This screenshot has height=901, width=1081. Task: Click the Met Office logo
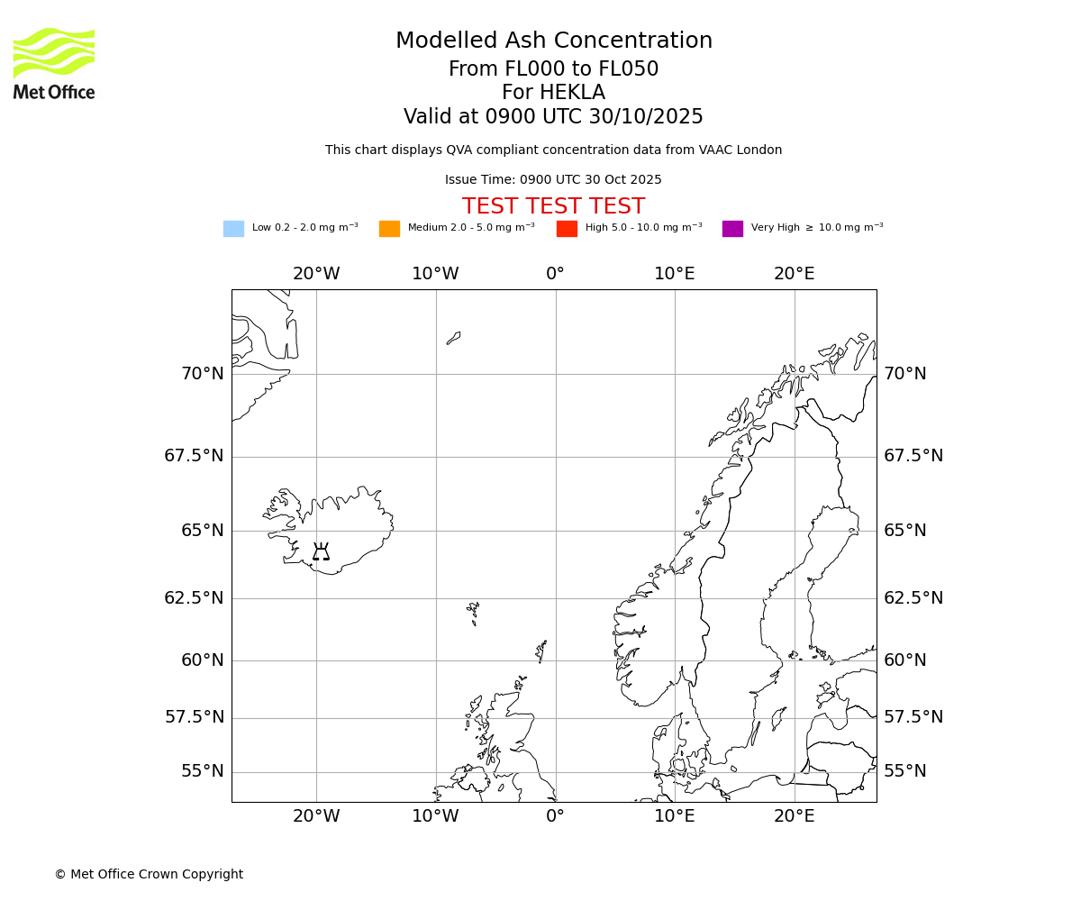54,63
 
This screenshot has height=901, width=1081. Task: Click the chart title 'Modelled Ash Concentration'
553,41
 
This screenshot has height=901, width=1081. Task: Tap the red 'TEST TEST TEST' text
553,206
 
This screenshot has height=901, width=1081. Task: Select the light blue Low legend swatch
233,229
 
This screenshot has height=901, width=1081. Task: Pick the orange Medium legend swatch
389,229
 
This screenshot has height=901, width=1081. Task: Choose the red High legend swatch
567,229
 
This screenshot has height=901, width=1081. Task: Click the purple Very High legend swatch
732,229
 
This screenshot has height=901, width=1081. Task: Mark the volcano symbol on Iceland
321,551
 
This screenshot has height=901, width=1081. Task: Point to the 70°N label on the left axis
202,374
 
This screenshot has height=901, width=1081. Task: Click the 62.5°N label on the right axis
913,598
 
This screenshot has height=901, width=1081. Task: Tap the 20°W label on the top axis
316,274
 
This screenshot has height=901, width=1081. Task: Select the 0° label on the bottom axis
555,816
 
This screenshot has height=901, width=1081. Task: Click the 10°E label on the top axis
674,274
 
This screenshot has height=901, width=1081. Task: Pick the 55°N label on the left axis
202,771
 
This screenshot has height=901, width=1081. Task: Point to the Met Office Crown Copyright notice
149,874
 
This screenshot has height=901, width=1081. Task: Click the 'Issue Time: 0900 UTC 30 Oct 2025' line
553,180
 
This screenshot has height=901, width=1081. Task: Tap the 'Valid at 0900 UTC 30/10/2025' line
553,117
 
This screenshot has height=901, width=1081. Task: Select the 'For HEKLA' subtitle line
553,93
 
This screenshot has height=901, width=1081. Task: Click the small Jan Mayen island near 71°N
453,338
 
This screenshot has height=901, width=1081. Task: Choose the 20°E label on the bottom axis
794,816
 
